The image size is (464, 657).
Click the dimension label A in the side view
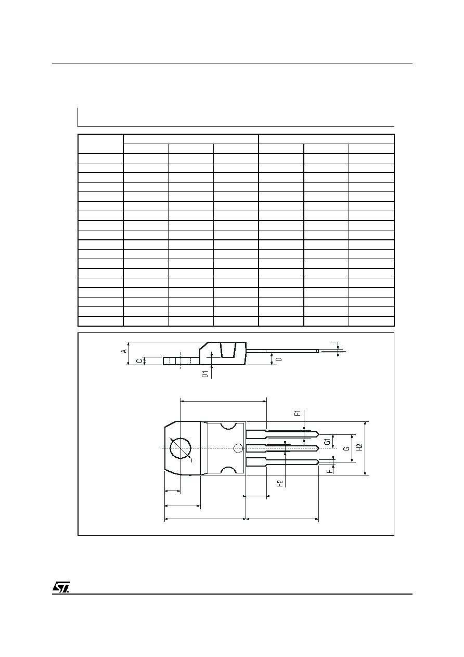click(124, 351)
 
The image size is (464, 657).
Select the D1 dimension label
click(205, 374)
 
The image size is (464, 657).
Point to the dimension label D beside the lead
click(279, 359)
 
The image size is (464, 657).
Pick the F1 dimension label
click(298, 414)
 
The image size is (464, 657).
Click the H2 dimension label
click(359, 447)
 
